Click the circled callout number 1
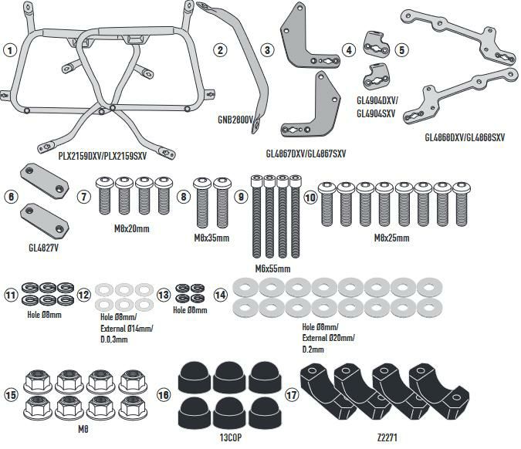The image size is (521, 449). pos(10,50)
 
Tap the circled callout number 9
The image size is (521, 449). pos(241,197)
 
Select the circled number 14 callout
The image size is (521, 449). pos(221,294)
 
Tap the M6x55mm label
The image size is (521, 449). pos(272,268)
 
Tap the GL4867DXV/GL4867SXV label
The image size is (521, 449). pos(306,154)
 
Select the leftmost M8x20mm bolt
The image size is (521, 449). pos(105,197)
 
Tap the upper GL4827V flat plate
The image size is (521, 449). pos(42,177)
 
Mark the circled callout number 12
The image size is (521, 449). pos(84,294)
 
